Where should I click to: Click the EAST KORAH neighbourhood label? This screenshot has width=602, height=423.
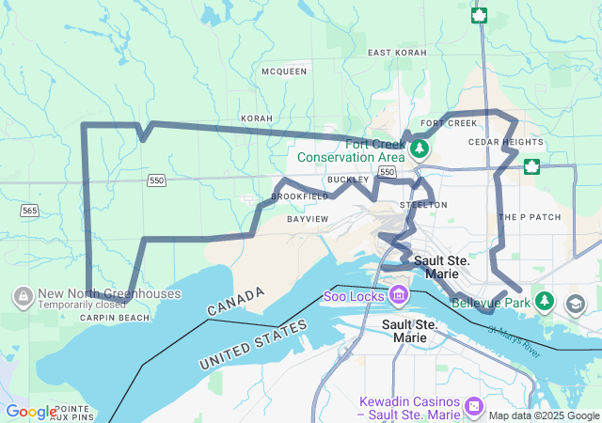397,53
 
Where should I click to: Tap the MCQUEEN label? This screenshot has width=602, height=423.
284,71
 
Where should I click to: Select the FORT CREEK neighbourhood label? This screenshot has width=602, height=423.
450,123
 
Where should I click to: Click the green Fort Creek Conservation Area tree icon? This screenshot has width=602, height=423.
420,149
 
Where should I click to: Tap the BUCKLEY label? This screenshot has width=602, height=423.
348,180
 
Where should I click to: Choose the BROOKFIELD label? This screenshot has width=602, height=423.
300,196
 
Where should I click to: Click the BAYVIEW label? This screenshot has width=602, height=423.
308,219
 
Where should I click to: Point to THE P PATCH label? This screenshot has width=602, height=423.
530,217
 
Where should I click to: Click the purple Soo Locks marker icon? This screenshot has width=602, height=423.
399,295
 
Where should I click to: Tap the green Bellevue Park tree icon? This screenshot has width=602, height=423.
544,301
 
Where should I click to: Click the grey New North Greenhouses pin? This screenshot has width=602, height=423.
21,297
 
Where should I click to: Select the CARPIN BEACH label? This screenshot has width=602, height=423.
115,318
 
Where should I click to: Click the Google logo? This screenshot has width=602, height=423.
31,412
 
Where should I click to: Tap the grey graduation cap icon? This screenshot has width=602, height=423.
576,304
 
